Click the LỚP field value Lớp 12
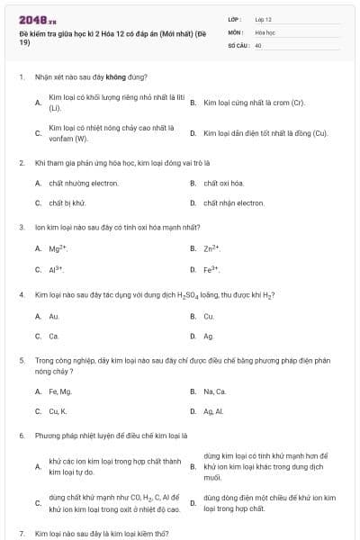[x=263, y=19]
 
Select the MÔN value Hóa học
[x=264, y=31]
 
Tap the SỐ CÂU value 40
[x=258, y=44]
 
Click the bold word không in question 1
[x=117, y=77]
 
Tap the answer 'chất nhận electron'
[x=233, y=203]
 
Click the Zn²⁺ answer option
[x=211, y=247]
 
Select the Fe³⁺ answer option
[x=211, y=269]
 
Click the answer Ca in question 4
[x=54, y=336]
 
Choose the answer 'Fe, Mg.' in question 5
[x=59, y=391]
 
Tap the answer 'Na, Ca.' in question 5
[x=215, y=391]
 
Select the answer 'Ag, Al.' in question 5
[x=214, y=411]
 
